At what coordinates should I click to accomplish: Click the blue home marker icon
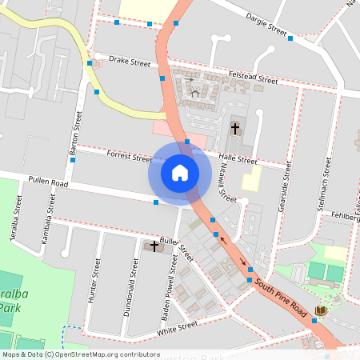click(180, 172)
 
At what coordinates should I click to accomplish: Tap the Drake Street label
click(130, 61)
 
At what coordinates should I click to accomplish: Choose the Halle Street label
click(238, 160)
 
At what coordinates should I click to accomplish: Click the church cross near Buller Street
click(154, 246)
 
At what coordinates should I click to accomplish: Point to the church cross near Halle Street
click(235, 126)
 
